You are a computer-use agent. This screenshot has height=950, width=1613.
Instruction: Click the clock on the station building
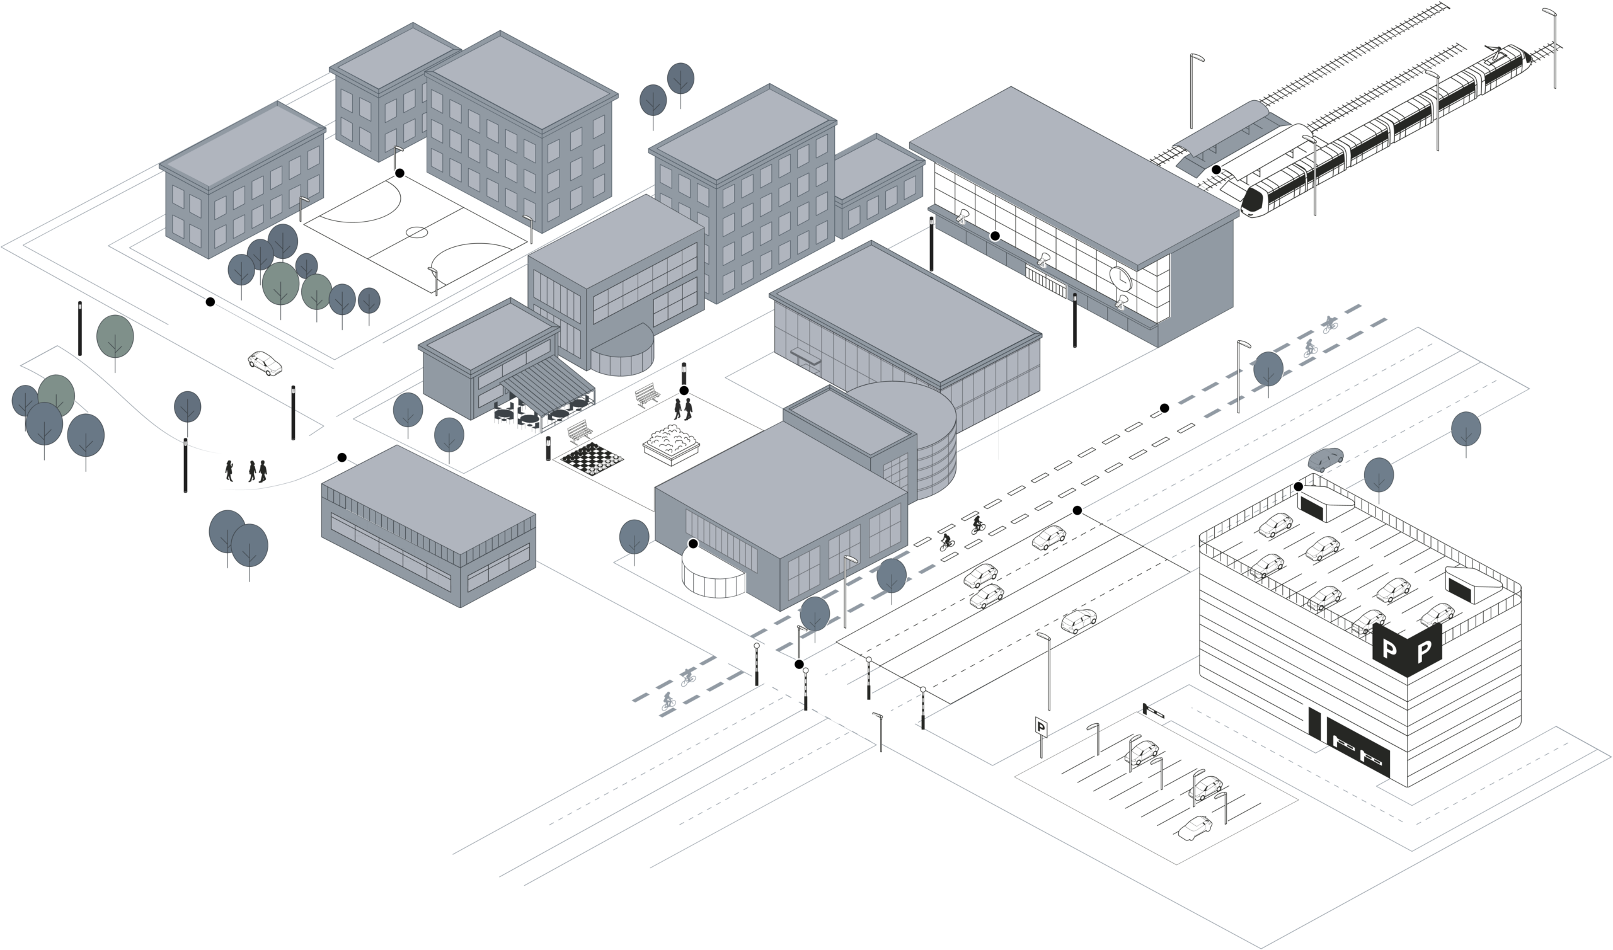coord(1120,276)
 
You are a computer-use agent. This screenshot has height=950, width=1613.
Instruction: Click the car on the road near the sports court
coord(265,363)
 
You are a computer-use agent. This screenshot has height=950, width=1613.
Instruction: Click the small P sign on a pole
coord(1042,726)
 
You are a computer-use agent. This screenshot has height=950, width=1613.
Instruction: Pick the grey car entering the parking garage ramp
coord(1326,460)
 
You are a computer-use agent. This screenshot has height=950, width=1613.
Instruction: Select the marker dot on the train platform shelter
coord(1215,169)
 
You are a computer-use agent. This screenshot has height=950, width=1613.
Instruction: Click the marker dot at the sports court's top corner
coord(400,173)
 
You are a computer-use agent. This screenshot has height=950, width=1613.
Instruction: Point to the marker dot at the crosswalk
coord(799,664)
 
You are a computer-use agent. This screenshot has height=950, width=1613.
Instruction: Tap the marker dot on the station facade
coord(995,236)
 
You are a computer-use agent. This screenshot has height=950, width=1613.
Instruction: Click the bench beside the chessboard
coord(580,431)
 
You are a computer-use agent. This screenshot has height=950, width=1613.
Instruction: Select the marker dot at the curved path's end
coord(342,457)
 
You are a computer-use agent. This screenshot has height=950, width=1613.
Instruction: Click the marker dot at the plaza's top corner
coord(684,391)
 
